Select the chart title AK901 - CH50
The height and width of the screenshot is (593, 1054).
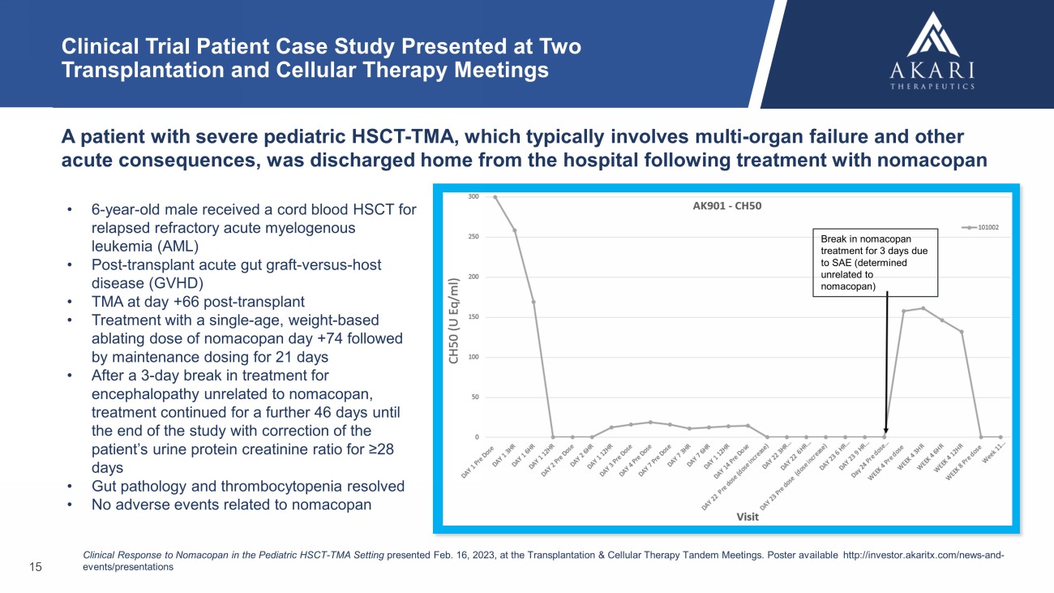pyautogui.click(x=726, y=205)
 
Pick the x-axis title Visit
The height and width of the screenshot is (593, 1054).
pyautogui.click(x=747, y=517)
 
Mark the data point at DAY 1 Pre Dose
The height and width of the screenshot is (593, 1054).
pyautogui.click(x=496, y=197)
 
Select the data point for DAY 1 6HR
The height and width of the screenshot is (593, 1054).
pyautogui.click(x=534, y=302)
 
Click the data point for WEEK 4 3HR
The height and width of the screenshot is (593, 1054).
pyautogui.click(x=923, y=308)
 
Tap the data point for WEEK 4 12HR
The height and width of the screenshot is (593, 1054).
pyautogui.click(x=962, y=331)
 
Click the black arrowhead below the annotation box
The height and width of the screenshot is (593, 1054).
pyautogui.click(x=885, y=432)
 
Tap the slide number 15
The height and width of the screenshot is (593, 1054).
pyautogui.click(x=35, y=567)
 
